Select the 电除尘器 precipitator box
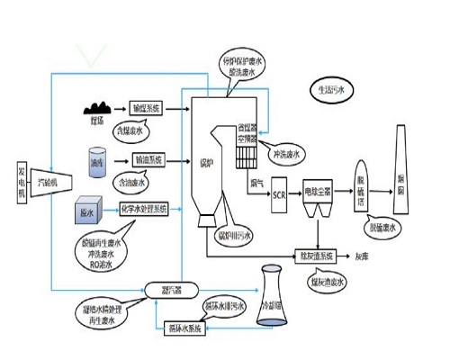[x=316, y=192]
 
